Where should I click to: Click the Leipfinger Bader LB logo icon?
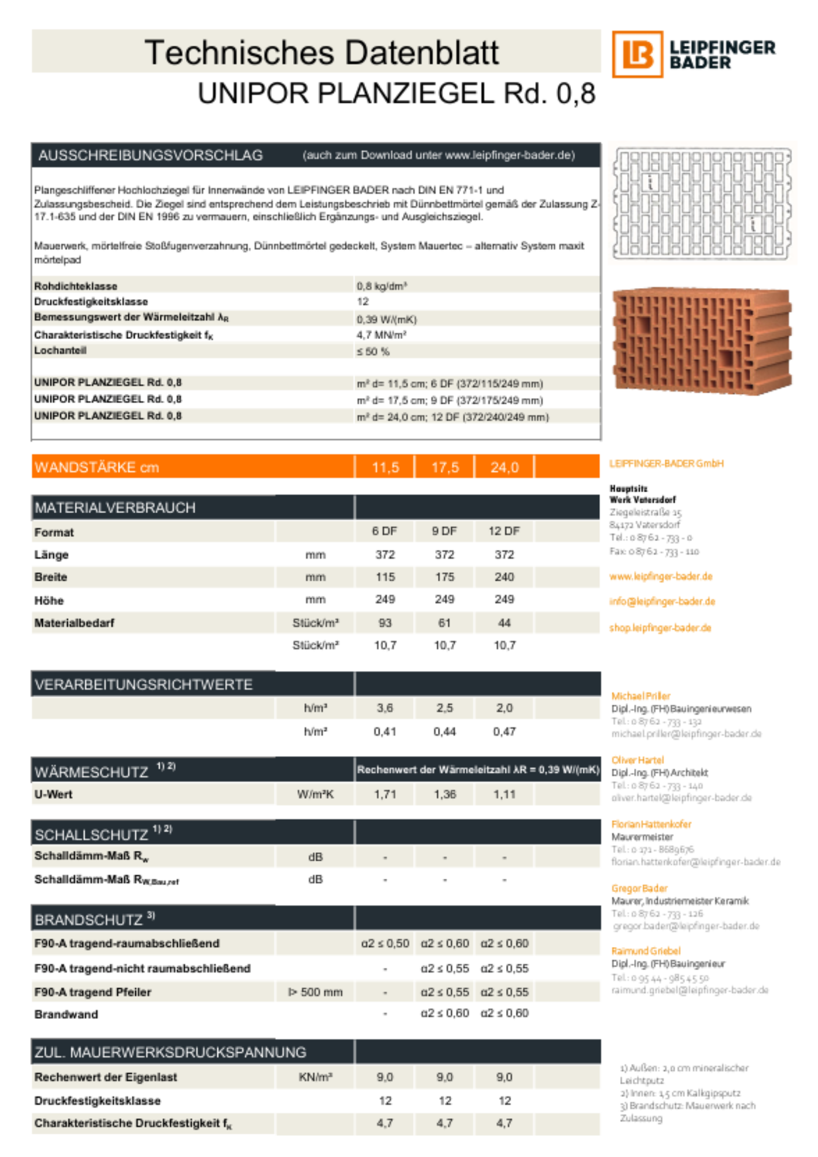click(637, 54)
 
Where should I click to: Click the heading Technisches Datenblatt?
click(321, 53)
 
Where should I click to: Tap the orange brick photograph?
click(701, 338)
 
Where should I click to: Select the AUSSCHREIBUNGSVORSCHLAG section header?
click(150, 156)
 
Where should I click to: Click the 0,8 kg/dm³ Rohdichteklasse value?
click(382, 286)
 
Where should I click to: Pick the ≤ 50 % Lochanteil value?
click(373, 351)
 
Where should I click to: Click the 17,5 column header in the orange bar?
click(445, 467)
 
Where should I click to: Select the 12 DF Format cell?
click(504, 531)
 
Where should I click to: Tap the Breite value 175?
click(444, 577)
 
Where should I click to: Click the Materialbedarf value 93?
click(385, 623)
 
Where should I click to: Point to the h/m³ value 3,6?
click(385, 708)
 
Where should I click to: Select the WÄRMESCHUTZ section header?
click(91, 772)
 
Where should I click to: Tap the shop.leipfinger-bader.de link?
click(660, 628)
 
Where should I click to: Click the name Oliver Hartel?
click(638, 760)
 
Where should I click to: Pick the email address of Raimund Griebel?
click(690, 990)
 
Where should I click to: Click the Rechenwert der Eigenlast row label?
click(105, 1077)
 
